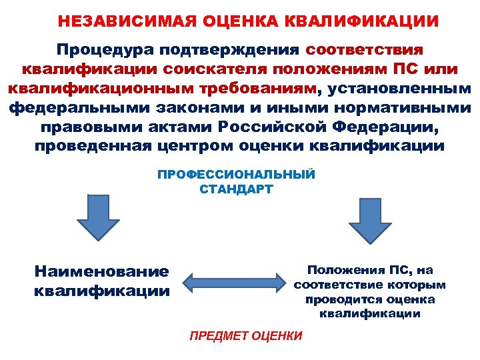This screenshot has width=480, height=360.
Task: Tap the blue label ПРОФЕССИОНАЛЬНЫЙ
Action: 236,175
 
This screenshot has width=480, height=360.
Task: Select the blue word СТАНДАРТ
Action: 236,189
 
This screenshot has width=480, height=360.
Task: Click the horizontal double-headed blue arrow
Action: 232,283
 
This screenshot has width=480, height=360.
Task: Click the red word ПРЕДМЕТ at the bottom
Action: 217,336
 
